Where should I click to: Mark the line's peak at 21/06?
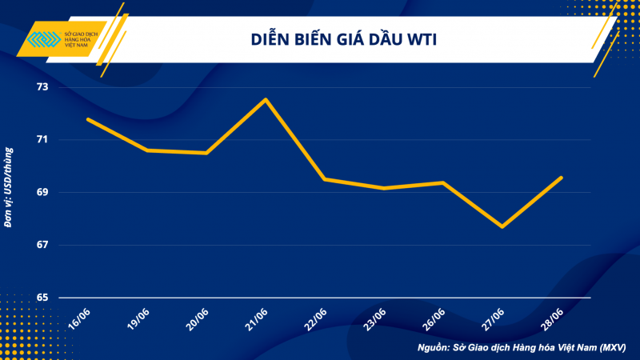266,99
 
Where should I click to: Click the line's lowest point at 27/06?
502,226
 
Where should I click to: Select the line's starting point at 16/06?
88,119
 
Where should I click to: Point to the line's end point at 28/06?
561,178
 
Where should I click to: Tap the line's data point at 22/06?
324,178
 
